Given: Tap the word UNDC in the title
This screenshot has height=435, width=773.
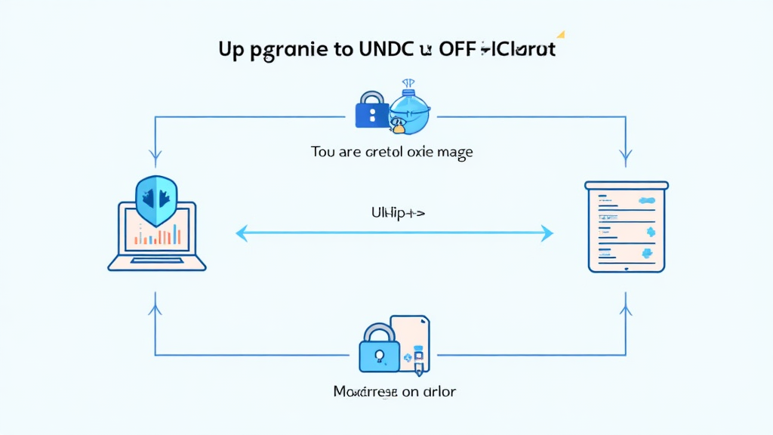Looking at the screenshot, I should click(x=386, y=51).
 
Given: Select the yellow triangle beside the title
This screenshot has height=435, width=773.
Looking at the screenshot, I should click(x=560, y=34).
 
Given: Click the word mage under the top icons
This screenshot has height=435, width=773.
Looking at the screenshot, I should click(x=454, y=152).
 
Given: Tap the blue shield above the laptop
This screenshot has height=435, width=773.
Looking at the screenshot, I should click(x=156, y=201).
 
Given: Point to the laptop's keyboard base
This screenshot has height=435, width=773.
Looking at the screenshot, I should click(x=157, y=263).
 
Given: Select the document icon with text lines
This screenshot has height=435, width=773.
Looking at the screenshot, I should click(x=627, y=226).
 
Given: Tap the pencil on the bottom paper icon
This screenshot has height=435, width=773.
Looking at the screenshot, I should click(x=418, y=366).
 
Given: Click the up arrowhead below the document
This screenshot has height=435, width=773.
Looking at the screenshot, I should click(x=626, y=310).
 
